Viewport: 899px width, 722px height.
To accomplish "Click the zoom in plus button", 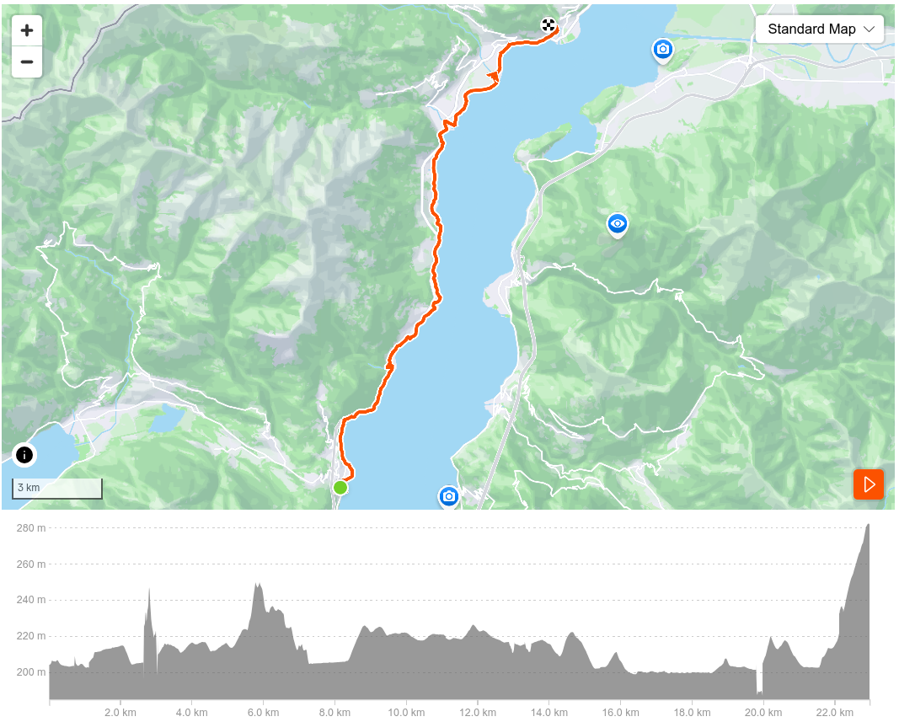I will tap(27, 31).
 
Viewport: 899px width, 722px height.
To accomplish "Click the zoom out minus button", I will tap(27, 62).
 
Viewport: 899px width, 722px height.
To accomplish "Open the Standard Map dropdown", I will tap(820, 29).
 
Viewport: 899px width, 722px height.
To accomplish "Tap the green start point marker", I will tap(340, 487).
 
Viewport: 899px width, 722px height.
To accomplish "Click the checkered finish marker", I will tap(548, 25).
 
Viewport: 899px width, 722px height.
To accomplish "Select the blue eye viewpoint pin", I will tap(618, 224).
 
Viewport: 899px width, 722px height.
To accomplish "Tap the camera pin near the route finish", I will tap(663, 51).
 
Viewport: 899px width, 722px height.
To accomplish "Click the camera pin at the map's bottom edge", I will tap(449, 497).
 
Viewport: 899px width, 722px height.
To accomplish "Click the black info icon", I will tap(24, 456).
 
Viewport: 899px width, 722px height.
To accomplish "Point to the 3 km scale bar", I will tap(57, 489).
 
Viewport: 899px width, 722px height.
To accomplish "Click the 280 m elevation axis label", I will tap(30, 528).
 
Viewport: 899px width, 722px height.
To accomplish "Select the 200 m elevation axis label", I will tap(30, 672).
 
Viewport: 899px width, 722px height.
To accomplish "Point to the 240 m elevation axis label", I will tap(30, 601).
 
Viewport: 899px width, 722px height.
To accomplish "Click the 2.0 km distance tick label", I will tap(120, 711).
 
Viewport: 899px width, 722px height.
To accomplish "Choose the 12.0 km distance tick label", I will tap(478, 711).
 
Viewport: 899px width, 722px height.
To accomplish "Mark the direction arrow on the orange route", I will tap(493, 77).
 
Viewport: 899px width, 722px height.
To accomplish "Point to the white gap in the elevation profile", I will tap(760, 681).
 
